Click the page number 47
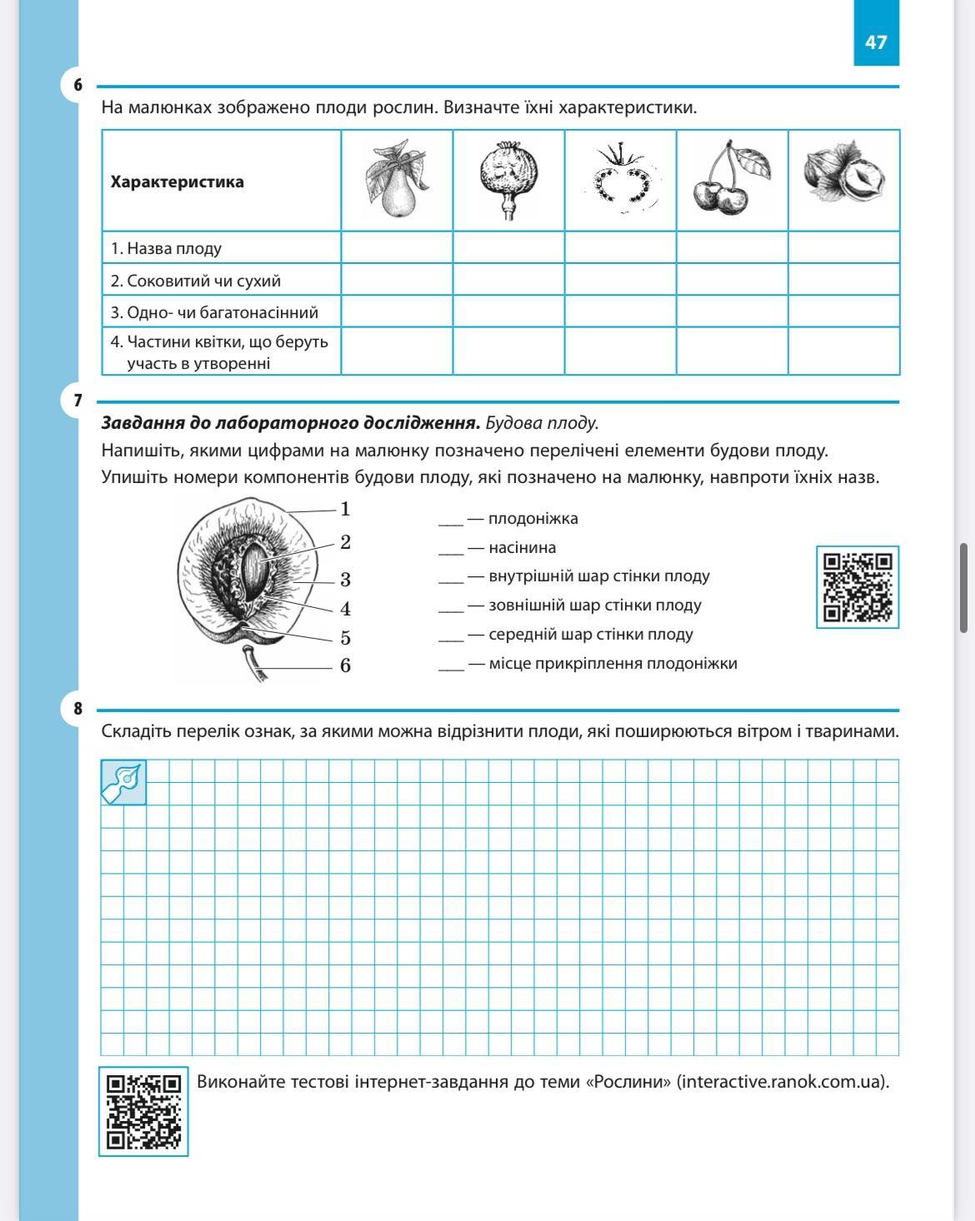point(876,42)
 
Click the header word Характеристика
point(177,182)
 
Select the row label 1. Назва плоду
point(166,248)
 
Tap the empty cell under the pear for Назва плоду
point(397,247)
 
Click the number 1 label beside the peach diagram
point(345,509)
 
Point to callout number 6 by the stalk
point(345,665)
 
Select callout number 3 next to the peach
point(345,580)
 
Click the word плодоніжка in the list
point(532,518)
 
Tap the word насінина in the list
point(522,547)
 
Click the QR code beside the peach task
point(857,586)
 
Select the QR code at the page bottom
point(143,1110)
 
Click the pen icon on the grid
point(123,782)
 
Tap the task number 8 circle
point(77,709)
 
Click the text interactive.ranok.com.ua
point(782,1082)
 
